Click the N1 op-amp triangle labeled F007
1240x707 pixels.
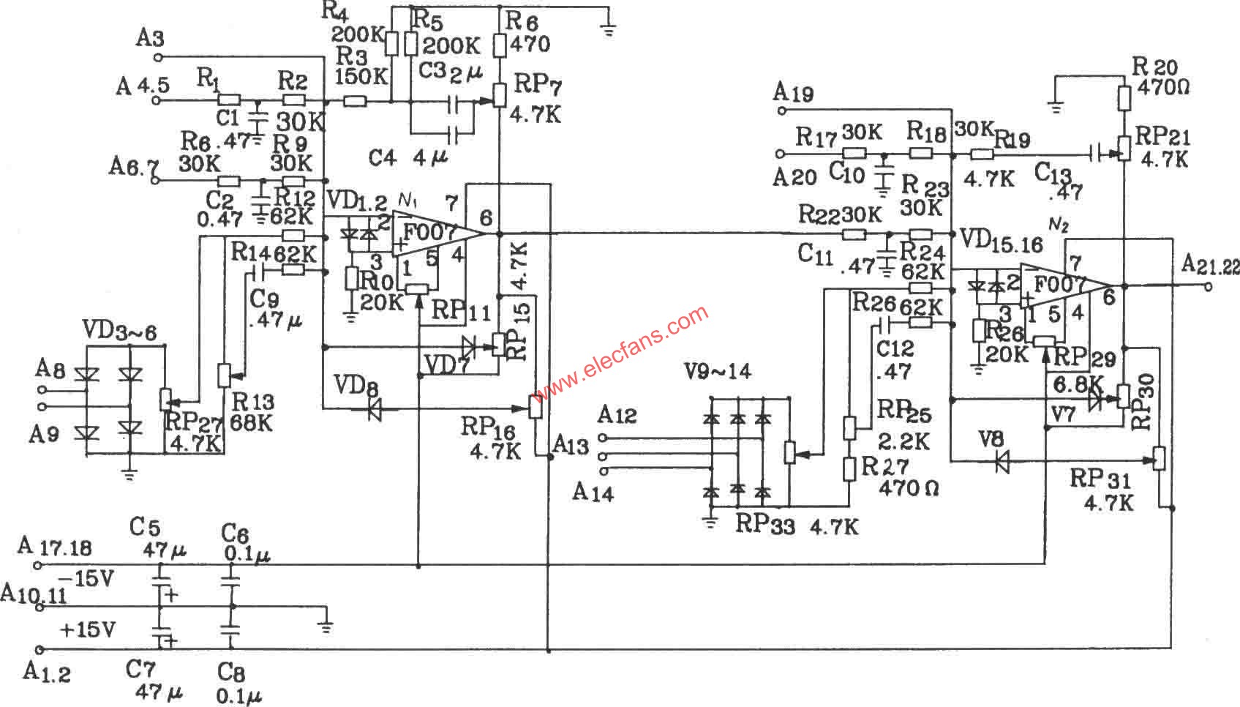point(432,233)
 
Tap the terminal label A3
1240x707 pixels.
point(149,38)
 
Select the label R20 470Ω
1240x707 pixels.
point(1160,76)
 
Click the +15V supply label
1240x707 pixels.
point(86,629)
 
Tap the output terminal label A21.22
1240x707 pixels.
point(1210,266)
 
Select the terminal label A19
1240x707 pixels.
point(793,93)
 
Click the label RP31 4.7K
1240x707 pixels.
point(1105,490)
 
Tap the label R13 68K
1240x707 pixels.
point(252,412)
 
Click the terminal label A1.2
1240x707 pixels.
point(47,671)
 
